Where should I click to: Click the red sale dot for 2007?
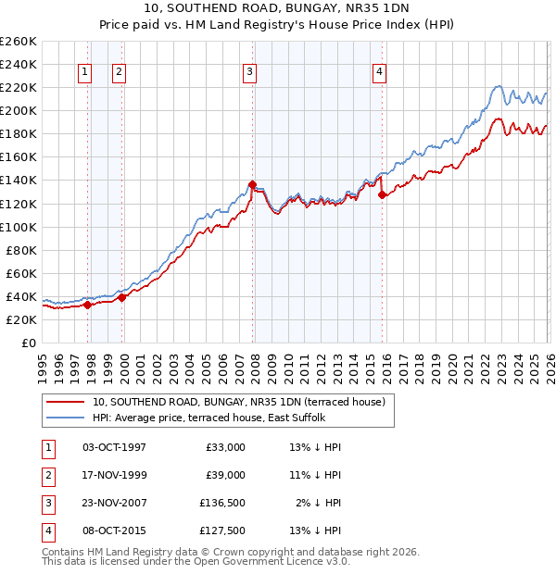tap(252, 184)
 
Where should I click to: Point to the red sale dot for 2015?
tap(382, 194)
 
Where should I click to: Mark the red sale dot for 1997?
tap(87, 304)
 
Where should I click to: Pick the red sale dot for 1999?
tap(121, 297)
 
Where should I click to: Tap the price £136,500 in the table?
tap(221, 503)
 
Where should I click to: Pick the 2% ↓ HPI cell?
tap(318, 503)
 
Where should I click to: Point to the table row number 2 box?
tap(45, 475)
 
